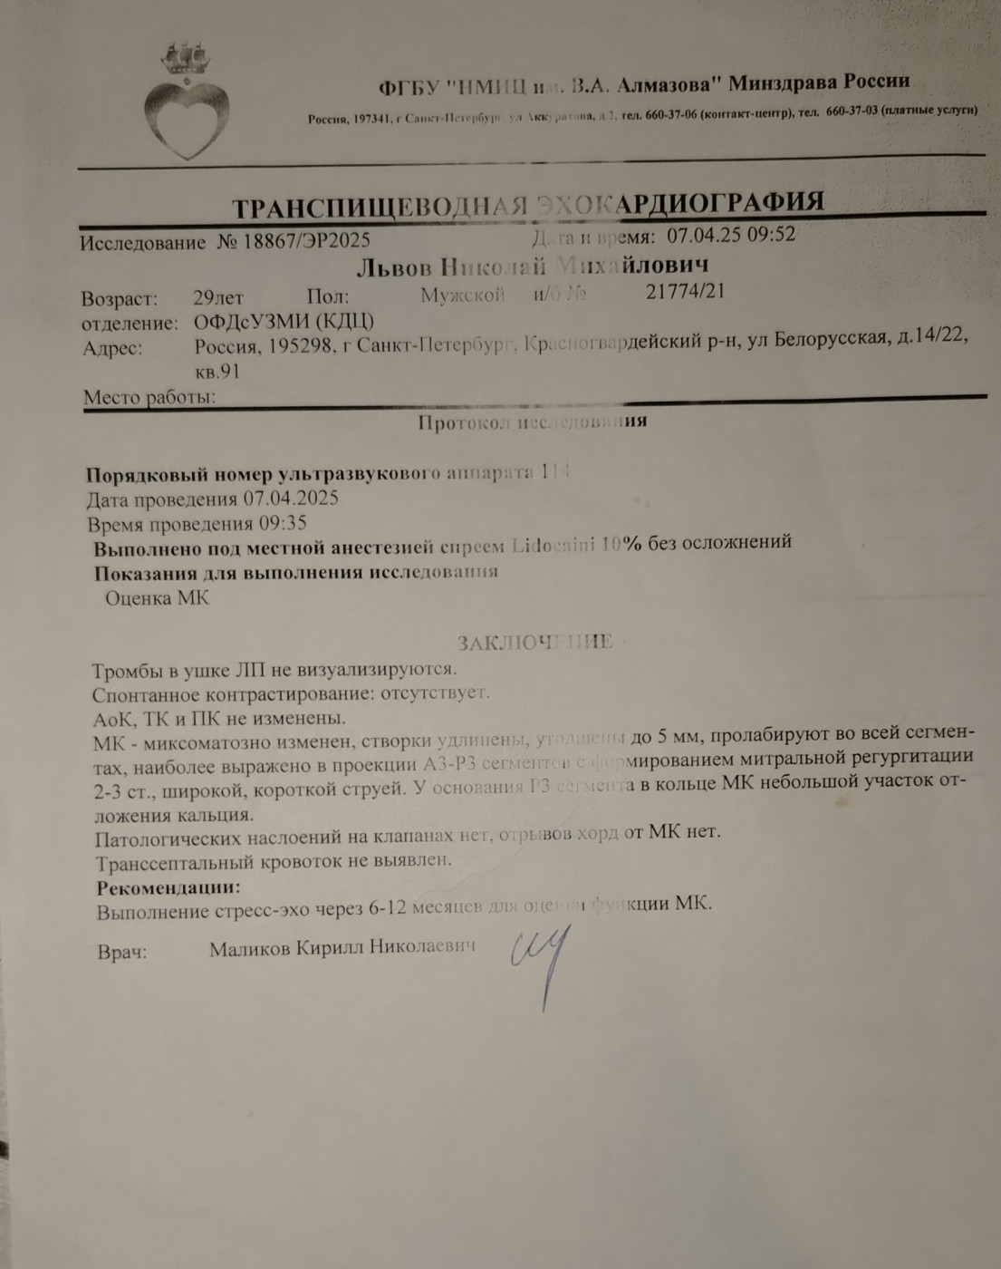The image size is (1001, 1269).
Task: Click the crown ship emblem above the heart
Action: coord(185,58)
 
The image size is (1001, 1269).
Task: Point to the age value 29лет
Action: coord(218,297)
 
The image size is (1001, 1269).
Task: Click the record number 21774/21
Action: coord(685,291)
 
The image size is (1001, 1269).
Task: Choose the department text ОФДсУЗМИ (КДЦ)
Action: coord(284,322)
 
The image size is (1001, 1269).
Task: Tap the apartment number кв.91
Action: coord(217,372)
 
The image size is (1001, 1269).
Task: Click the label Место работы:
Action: coord(149,397)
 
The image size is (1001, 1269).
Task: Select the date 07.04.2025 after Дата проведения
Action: coord(290,499)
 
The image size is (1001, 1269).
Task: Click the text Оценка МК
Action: coord(157,598)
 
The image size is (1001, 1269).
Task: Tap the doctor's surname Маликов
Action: coord(249,950)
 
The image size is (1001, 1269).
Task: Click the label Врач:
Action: coord(122,953)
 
